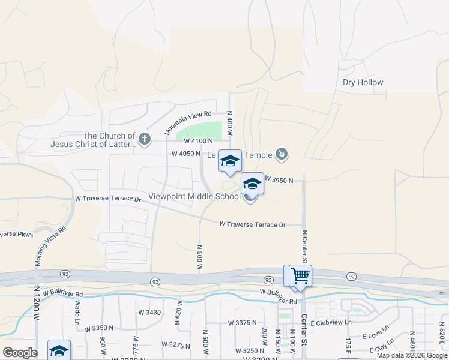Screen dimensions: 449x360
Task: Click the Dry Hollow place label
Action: tap(363, 83)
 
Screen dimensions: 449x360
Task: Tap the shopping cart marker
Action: tap(300, 276)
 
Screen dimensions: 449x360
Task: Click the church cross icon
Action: tap(144, 140)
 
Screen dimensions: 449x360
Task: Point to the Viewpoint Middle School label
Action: tap(194, 196)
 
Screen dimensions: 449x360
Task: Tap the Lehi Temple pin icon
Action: tap(282, 155)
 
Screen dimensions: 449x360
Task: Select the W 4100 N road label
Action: tap(198, 141)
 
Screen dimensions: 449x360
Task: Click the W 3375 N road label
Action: tap(243, 323)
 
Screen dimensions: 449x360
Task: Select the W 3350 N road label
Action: tap(99, 328)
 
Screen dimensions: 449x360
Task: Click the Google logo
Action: tap(19, 353)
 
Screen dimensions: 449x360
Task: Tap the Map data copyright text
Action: tap(411, 355)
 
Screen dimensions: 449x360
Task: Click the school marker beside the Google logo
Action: tap(59, 350)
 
